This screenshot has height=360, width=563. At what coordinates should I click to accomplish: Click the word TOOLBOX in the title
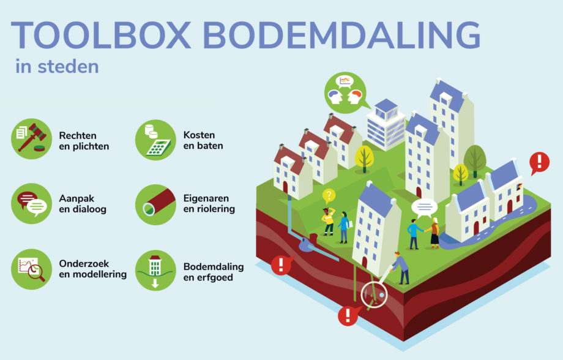pos(101,36)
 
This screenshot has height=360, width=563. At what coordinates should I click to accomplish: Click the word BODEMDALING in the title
pos(341,36)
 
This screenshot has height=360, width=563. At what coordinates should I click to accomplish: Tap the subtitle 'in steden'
pos(57,67)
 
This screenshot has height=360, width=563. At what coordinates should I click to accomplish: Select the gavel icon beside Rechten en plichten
pos(32,139)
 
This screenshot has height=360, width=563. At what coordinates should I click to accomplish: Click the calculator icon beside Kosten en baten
pos(155,140)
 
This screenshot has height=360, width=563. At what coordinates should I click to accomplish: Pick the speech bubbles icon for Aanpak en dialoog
pos(32,204)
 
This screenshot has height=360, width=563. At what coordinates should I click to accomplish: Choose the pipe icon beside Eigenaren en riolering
pos(155,204)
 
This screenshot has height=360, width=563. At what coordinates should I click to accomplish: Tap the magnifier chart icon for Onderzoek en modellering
pos(32,269)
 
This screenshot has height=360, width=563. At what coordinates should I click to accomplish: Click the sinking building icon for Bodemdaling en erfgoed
pos(155,270)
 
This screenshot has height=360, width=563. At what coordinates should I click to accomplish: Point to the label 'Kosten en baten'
pos(203,140)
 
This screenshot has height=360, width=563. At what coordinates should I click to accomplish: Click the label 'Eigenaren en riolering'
pos(209,203)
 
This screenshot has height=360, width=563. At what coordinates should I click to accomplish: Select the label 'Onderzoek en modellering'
pos(92,269)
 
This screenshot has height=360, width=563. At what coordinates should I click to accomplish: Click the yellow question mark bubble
pos(329,196)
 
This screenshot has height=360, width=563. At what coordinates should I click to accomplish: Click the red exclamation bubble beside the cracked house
pos(539,162)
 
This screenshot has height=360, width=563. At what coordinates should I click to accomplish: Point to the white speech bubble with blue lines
pos(425,208)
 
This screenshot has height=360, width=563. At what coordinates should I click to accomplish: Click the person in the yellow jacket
pos(328,221)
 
